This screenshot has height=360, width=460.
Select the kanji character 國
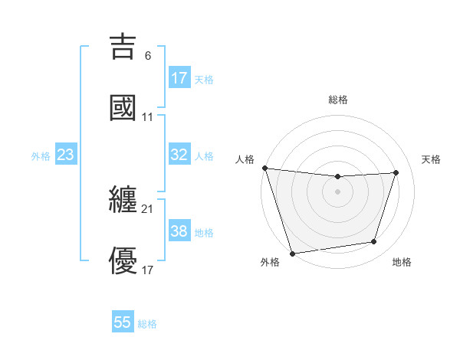tap(123, 107)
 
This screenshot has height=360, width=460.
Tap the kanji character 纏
tap(123, 199)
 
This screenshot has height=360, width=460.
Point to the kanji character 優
tap(123, 260)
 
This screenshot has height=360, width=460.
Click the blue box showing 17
tap(179, 78)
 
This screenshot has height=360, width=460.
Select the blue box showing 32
tap(179, 155)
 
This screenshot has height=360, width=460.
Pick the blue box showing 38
tap(179, 231)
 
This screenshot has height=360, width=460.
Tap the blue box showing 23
tap(65, 155)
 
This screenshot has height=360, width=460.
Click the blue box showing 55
tap(123, 322)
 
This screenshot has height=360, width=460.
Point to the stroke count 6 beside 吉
tap(148, 56)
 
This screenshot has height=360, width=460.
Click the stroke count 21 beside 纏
tap(147, 208)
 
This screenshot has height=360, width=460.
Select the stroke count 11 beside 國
tap(147, 117)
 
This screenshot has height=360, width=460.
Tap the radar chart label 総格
tap(338, 100)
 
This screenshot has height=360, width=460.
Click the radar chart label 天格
tap(432, 159)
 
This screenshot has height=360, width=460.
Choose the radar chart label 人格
tap(245, 159)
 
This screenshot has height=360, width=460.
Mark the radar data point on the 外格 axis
tap(292, 253)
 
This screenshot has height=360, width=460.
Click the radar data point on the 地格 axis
tap(374, 242)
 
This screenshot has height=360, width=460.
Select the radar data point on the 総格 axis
tap(337, 177)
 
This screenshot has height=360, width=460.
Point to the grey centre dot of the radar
tap(337, 191)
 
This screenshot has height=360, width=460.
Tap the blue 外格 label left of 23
tap(41, 156)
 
